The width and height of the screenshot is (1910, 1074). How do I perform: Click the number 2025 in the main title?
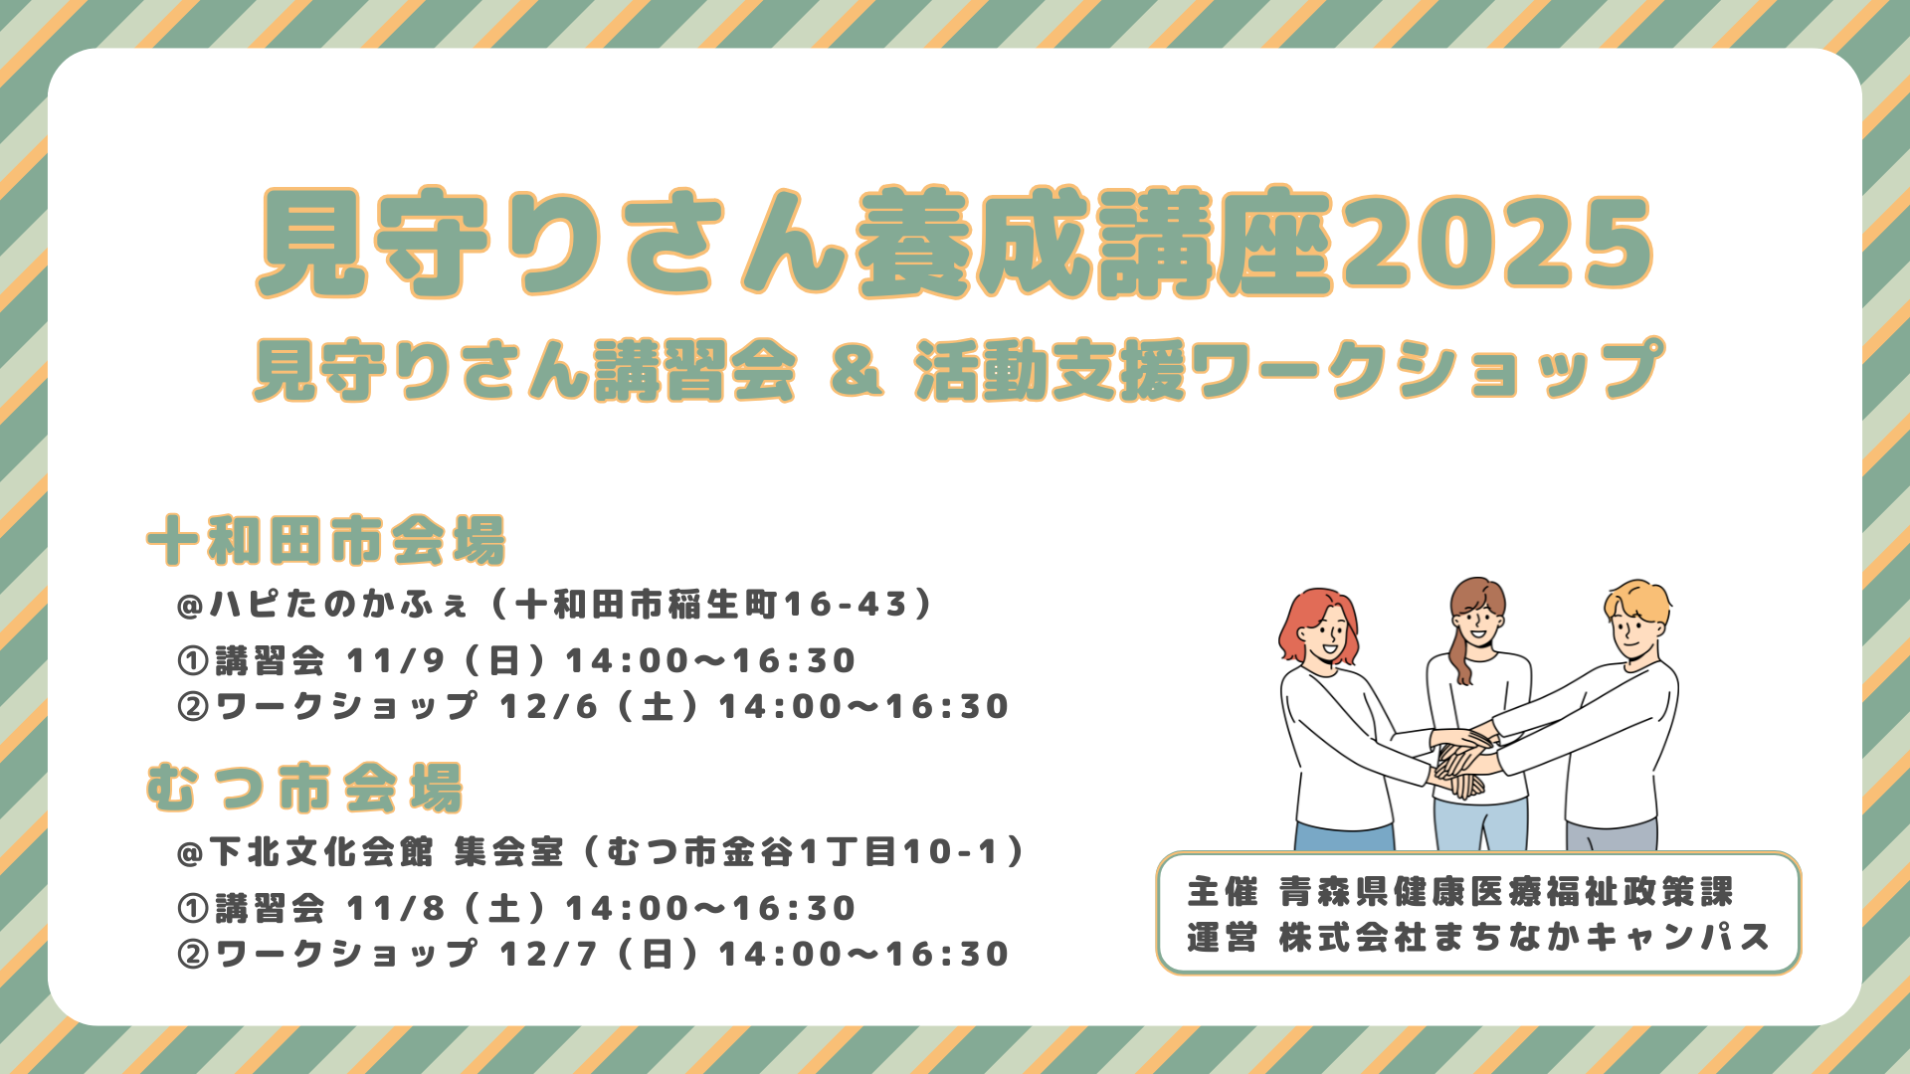pyautogui.click(x=1496, y=242)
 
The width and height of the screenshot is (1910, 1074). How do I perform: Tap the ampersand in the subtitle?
pyautogui.click(x=857, y=369)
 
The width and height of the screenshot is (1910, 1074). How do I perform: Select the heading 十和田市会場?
pyautogui.click(x=326, y=541)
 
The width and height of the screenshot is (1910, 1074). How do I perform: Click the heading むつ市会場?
pyautogui.click(x=304, y=789)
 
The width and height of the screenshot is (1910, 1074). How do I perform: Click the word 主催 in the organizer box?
pyautogui.click(x=1223, y=892)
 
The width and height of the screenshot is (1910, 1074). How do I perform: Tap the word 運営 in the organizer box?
pyautogui.click(x=1223, y=938)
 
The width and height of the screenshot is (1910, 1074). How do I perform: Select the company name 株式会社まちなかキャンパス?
pyautogui.click(x=1525, y=938)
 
